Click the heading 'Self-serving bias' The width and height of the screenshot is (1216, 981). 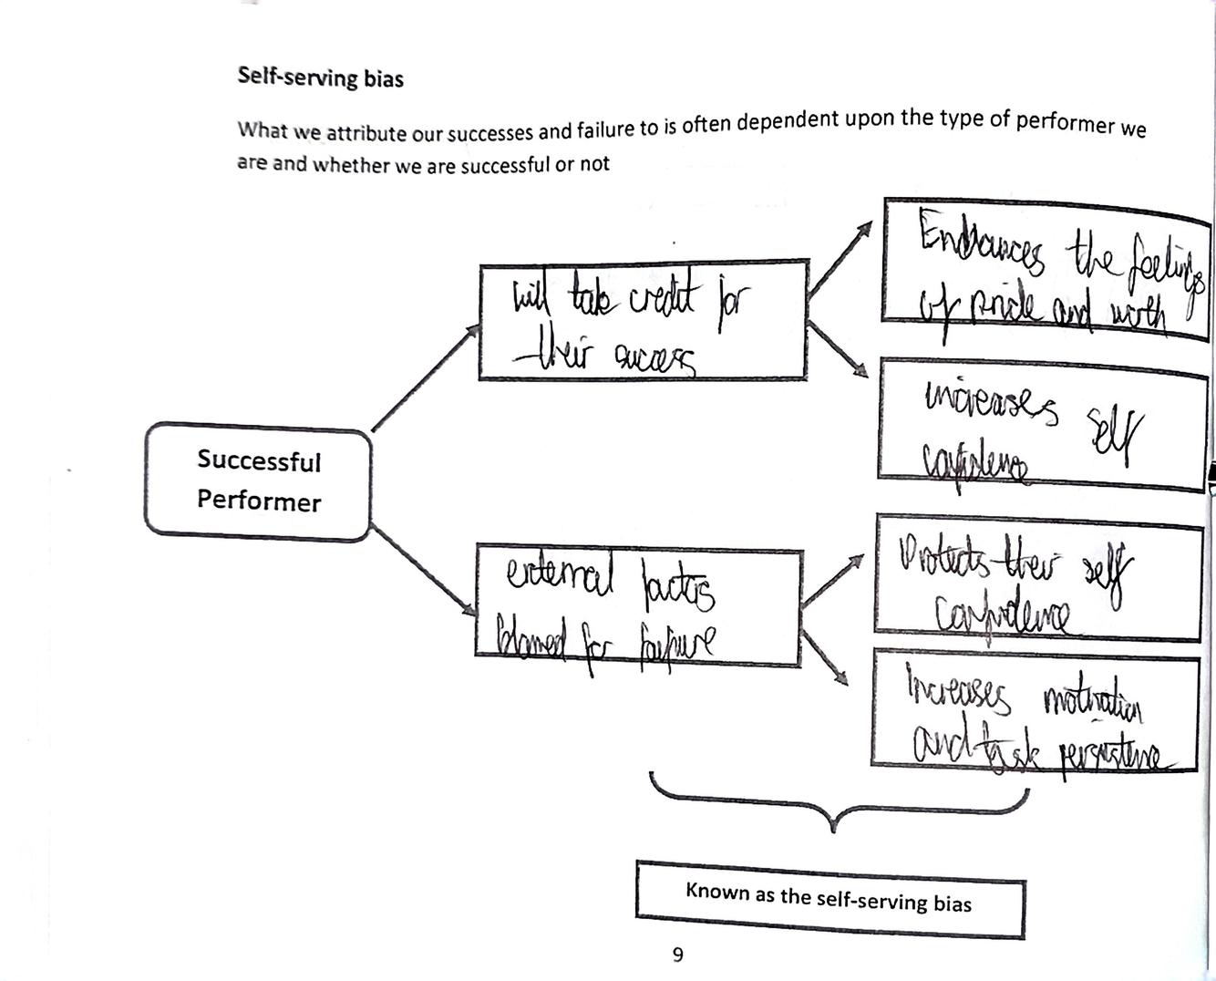point(320,77)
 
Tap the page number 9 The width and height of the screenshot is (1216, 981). point(677,955)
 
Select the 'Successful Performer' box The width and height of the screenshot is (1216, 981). point(258,480)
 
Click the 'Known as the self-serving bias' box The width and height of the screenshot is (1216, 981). point(830,898)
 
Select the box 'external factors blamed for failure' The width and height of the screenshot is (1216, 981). point(638,606)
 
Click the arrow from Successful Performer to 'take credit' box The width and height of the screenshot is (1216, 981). point(425,377)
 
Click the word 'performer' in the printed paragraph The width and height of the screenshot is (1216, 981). point(1065,121)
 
